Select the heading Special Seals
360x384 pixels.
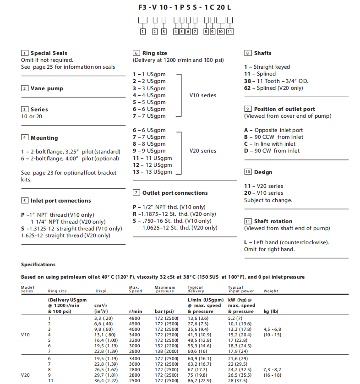point(49,53)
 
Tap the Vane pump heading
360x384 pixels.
point(47,88)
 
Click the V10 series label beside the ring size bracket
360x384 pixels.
point(202,95)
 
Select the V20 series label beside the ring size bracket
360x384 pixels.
point(202,151)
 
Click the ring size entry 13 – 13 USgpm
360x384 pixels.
point(153,172)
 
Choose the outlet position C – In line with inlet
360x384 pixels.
point(270,144)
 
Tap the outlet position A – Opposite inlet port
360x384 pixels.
point(273,130)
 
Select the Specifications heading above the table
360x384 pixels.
point(38,264)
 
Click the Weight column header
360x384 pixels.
point(271,291)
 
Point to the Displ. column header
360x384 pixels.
point(101,291)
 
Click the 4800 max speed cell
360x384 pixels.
point(135,318)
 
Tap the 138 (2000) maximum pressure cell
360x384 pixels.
point(167,351)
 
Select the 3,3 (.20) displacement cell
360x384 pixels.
point(104,318)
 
